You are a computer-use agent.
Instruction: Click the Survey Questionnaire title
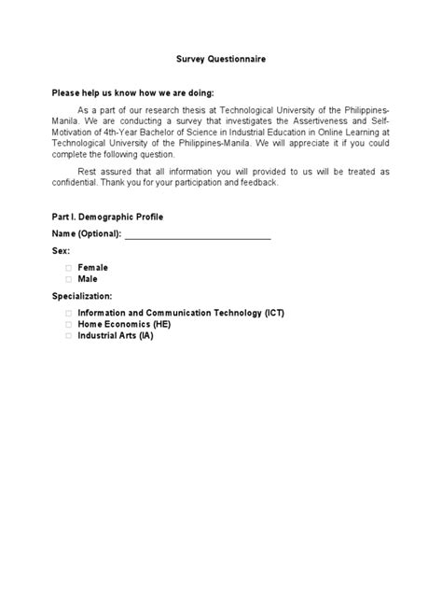tap(221, 59)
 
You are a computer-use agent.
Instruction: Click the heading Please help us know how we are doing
tap(132, 92)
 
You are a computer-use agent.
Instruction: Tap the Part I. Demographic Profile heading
tap(108, 216)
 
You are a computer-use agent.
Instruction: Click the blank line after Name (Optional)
tap(198, 233)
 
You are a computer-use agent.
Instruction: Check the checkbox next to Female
tap(68, 268)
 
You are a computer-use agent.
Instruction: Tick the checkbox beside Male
tap(68, 278)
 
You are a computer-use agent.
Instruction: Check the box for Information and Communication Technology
tap(68, 313)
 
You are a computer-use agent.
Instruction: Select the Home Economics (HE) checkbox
tap(68, 324)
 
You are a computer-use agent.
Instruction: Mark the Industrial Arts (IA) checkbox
tap(68, 335)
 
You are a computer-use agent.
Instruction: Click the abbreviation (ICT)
tap(274, 313)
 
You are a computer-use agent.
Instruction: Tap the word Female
tap(93, 268)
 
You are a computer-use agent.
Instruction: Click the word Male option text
tap(88, 278)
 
